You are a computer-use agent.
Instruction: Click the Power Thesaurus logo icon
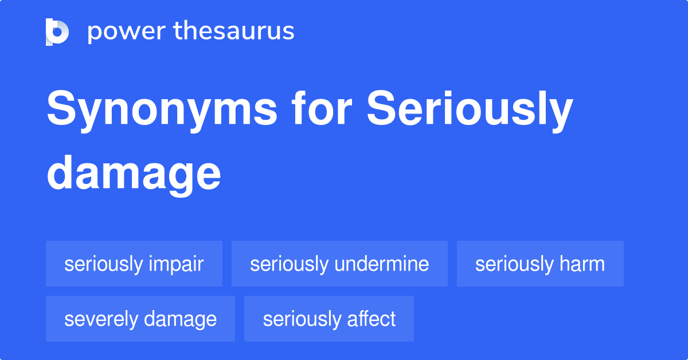(57, 32)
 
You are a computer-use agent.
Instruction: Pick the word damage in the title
(134, 175)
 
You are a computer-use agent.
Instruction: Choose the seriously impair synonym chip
(134, 264)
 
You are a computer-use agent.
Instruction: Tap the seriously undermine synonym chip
(339, 264)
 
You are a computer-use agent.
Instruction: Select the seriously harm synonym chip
(540, 264)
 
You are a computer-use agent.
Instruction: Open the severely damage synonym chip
(140, 319)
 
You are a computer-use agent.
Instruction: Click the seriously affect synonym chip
(329, 319)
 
